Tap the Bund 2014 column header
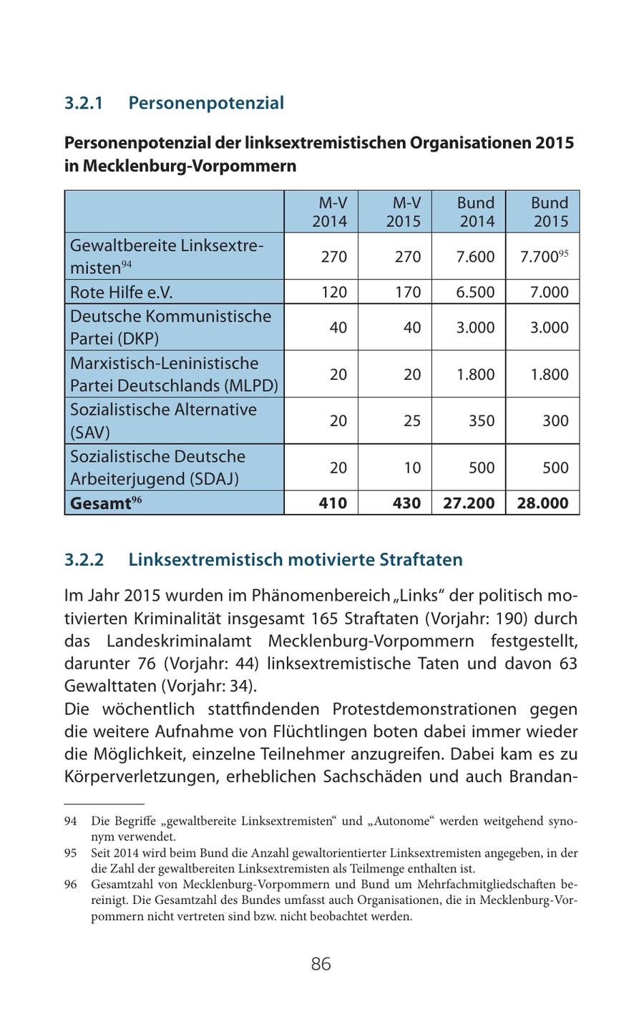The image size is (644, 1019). coord(476,212)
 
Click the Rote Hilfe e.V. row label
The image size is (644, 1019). coord(122,292)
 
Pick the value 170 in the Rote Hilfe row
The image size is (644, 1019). coord(407,292)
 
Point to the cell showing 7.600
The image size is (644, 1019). coord(475,257)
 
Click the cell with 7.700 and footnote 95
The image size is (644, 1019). coord(544,257)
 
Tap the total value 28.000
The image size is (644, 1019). coord(542,503)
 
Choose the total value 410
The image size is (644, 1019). coord(333,503)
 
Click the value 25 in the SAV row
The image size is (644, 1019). coord(411,420)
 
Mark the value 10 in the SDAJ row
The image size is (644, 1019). coord(411,468)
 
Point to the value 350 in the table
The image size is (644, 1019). coord(481,420)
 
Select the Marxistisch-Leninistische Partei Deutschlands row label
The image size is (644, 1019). coord(173,374)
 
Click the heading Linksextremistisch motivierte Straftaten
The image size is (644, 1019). coord(295,559)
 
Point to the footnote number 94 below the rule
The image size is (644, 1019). coord(70,821)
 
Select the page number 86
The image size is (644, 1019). coord(321,964)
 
